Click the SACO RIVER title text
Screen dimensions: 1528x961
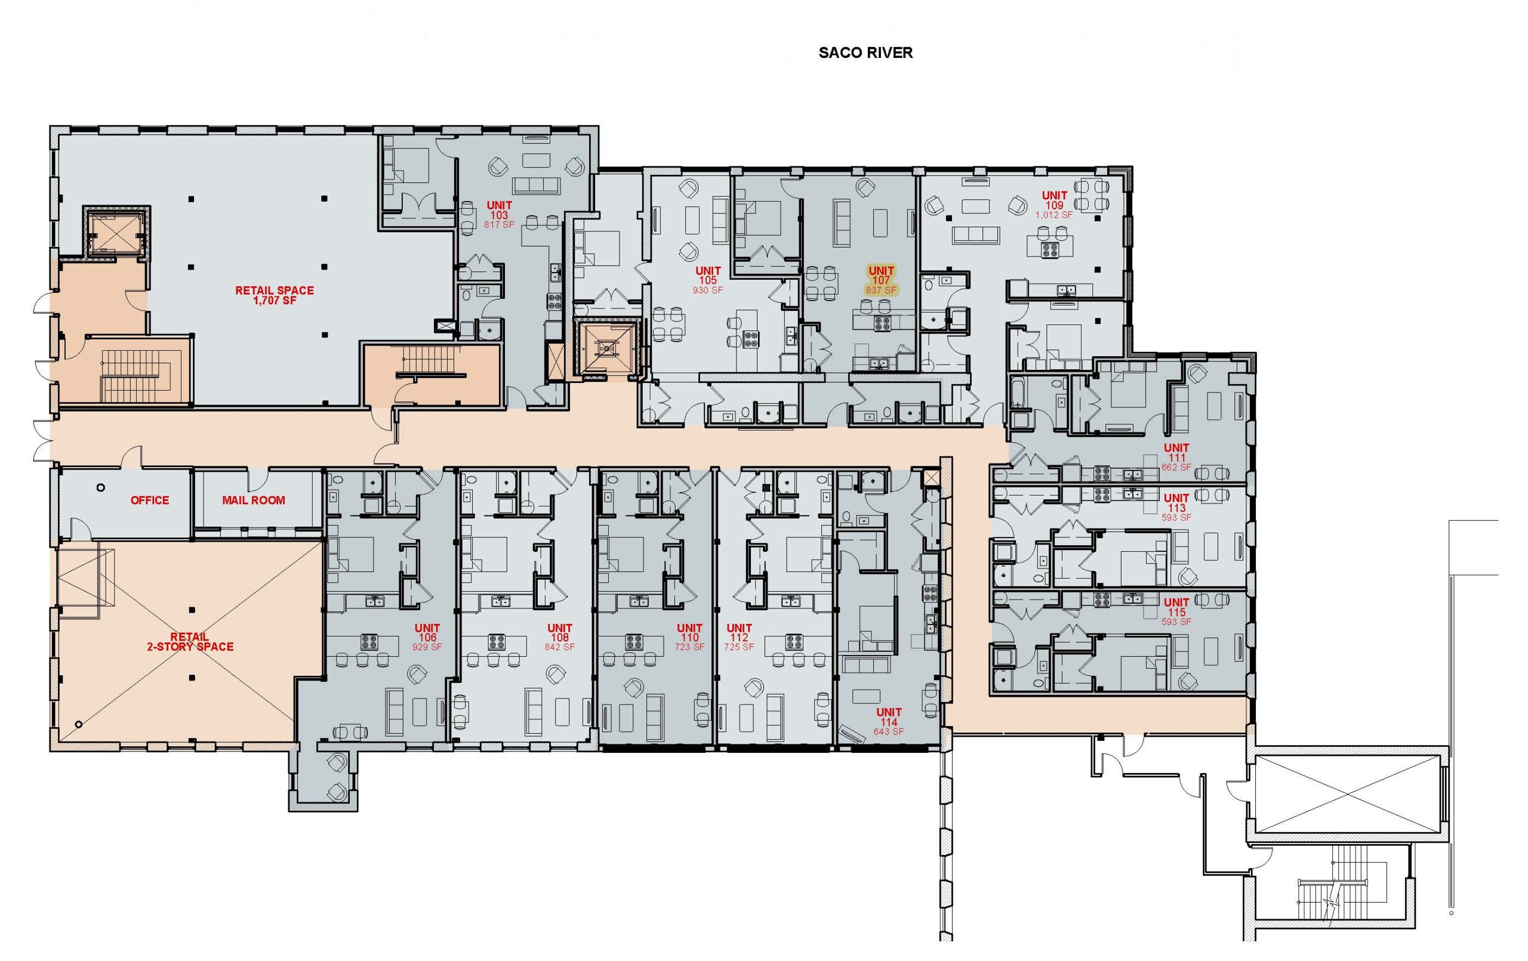tap(865, 52)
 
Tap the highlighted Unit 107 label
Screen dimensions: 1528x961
tap(882, 280)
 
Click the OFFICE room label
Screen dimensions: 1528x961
tap(150, 500)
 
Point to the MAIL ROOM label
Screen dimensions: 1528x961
tap(253, 500)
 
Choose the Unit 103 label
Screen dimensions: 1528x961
tap(500, 214)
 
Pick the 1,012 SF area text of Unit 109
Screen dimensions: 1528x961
tap(1054, 215)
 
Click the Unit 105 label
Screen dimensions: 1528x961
tap(707, 280)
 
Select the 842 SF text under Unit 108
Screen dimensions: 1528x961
tap(560, 647)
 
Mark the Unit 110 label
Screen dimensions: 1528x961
tap(690, 638)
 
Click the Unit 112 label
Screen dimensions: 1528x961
tap(740, 638)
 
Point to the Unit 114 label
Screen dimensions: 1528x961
tap(888, 722)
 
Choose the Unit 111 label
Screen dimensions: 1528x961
tap(1176, 458)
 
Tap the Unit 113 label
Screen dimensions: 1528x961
tap(1176, 508)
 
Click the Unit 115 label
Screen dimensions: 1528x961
tap(1176, 612)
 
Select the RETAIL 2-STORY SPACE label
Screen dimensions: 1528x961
tap(190, 642)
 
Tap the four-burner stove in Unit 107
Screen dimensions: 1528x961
tap(881, 324)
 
